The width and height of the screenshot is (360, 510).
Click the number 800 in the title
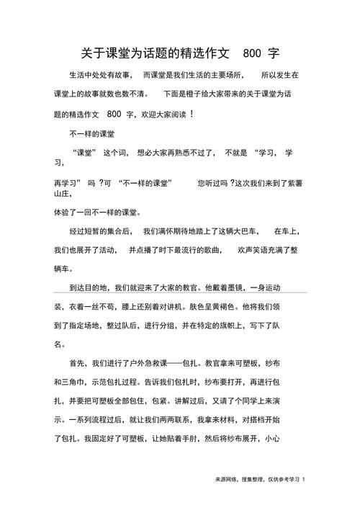point(252,54)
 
